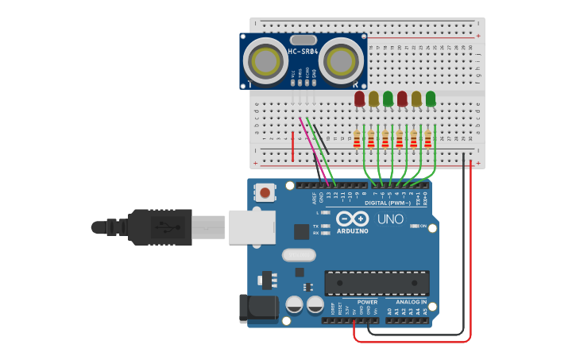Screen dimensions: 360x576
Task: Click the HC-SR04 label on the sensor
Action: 303,52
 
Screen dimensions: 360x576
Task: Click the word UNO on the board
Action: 389,219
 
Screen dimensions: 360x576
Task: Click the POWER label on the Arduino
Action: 367,302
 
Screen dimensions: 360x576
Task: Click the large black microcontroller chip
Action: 377,283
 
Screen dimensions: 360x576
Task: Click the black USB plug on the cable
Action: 159,226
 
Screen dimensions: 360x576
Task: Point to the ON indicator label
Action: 422,226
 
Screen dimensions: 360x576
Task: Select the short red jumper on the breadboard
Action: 293,147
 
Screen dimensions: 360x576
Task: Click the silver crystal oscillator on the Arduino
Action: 299,256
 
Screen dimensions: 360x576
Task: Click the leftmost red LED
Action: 359,99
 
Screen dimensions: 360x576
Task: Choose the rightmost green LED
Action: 431,99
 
